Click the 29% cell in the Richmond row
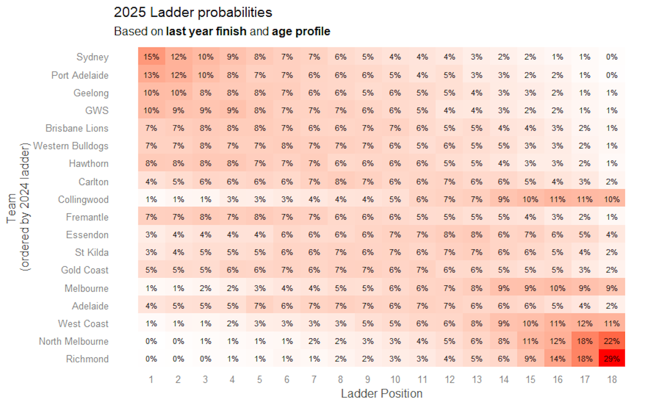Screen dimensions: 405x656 point(612,359)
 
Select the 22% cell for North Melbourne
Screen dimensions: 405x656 point(612,341)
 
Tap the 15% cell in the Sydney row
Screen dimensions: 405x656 point(151,57)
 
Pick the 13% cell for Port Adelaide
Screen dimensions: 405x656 point(151,75)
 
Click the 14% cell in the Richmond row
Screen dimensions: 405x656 point(557,359)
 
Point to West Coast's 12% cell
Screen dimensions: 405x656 point(585,323)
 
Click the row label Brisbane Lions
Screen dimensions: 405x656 point(77,128)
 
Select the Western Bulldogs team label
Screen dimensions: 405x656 point(71,146)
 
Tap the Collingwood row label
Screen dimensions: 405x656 point(83,199)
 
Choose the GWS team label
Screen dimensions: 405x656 point(97,110)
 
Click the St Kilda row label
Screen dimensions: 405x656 point(92,252)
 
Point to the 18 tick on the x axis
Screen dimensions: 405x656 point(612,379)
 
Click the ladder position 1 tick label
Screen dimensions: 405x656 point(151,379)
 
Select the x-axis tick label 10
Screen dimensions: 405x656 point(395,379)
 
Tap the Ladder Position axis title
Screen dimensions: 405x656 point(382,394)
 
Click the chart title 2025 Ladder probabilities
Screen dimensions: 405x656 point(193,12)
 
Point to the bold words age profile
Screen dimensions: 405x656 point(301,31)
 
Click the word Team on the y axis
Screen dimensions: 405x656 point(11,208)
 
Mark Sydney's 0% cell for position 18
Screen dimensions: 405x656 point(612,57)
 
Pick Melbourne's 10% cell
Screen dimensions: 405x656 point(557,288)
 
